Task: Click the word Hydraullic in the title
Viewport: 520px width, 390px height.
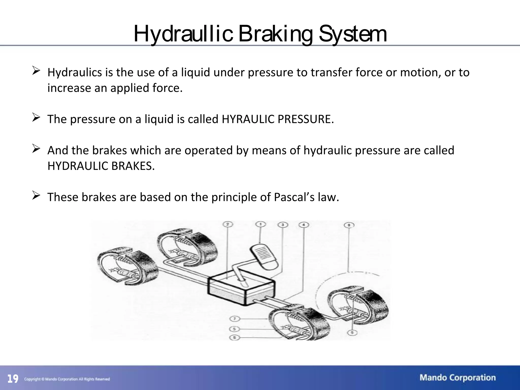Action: (x=183, y=34)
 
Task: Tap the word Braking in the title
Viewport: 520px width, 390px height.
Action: (x=275, y=34)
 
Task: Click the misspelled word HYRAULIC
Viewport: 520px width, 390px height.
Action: (x=248, y=119)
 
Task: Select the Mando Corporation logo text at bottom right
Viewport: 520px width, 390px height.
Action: (x=458, y=378)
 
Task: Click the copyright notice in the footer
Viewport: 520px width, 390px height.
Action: (x=67, y=379)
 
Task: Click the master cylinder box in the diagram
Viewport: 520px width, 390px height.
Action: (x=241, y=289)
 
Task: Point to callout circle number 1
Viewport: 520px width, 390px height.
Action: (x=261, y=224)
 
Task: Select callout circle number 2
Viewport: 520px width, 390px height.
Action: (x=228, y=224)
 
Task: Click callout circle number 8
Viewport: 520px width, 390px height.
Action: (x=349, y=225)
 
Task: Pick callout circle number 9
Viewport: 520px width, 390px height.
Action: (x=352, y=332)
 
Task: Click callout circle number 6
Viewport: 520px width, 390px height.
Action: (x=234, y=337)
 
